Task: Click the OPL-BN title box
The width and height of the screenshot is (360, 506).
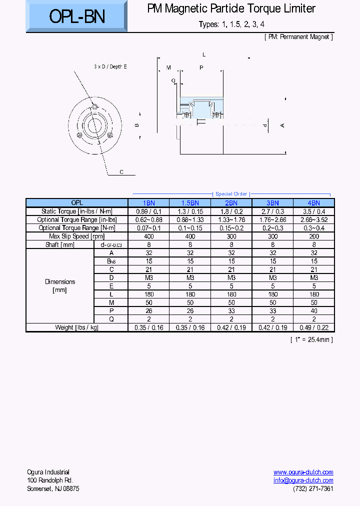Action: pos(76,17)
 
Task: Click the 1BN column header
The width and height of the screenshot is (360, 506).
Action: pos(148,203)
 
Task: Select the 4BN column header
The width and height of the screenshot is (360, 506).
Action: pos(313,203)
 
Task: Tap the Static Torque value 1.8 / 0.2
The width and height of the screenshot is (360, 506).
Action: pos(231,211)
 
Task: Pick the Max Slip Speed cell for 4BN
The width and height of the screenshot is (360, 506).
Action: pos(313,236)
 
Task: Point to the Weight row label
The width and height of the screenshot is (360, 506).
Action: pos(76,327)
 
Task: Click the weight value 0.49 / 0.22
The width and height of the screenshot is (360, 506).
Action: pos(313,327)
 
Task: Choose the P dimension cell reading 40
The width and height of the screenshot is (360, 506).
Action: pos(313,311)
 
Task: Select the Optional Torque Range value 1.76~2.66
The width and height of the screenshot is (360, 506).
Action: pos(272,219)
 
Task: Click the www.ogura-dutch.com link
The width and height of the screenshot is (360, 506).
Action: pos(303,472)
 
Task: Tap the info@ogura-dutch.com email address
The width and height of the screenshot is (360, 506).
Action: pos(303,480)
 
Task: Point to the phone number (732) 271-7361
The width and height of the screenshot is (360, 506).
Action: pos(313,488)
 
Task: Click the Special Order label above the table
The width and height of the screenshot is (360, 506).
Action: pos(231,194)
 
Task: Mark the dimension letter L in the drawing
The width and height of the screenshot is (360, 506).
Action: pos(204,54)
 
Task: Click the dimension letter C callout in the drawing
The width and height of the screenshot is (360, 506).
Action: pos(121,172)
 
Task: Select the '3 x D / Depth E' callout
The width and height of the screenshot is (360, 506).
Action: pos(110,66)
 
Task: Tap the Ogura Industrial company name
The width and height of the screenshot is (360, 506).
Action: pos(48,472)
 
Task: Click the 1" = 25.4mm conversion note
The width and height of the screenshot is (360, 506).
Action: pos(311,339)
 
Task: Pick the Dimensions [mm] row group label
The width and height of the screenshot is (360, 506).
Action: pos(60,286)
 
